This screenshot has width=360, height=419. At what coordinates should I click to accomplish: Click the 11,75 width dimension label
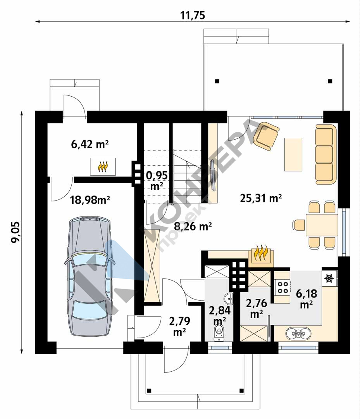click(193, 15)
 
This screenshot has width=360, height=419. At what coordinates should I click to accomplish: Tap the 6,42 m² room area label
click(90, 144)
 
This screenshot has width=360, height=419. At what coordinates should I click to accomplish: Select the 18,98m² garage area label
click(90, 200)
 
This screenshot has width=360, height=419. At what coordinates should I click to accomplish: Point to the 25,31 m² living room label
click(261, 198)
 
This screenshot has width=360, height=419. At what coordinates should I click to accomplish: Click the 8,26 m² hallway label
click(193, 226)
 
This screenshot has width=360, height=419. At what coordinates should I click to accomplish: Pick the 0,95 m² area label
click(157, 180)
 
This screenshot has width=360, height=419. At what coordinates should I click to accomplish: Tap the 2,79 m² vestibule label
click(179, 326)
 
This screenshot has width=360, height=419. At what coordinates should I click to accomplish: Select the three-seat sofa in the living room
click(326, 154)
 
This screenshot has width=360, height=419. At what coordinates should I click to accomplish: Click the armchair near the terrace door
click(267, 135)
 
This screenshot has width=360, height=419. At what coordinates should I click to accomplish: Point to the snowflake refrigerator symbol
click(329, 279)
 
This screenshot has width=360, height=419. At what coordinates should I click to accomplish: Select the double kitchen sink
click(298, 333)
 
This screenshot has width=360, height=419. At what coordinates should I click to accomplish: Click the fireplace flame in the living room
click(261, 253)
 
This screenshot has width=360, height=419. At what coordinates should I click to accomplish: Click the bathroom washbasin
click(229, 298)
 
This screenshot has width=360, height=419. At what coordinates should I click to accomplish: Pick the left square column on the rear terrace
click(217, 81)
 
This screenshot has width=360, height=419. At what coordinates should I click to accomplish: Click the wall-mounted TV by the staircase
click(213, 175)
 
